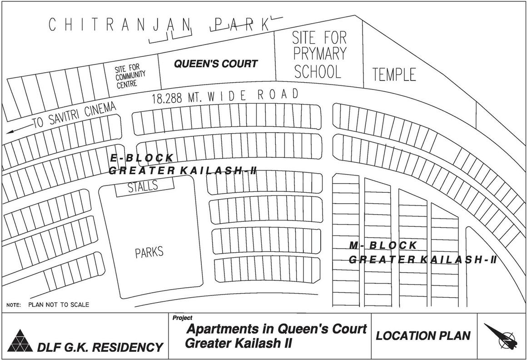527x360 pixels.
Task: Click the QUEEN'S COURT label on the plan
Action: [x=216, y=64]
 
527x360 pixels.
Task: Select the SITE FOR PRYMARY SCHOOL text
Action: [x=319, y=55]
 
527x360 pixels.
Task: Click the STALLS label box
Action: [x=143, y=186]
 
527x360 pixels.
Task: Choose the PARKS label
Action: [x=149, y=253]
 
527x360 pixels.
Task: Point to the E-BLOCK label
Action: [x=142, y=158]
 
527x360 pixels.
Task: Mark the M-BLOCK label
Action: [x=383, y=246]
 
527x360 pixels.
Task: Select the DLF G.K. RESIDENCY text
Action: [x=100, y=348]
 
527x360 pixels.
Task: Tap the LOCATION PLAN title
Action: [x=423, y=336]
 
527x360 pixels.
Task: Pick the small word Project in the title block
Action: [x=182, y=318]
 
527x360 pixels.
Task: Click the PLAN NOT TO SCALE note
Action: [x=58, y=305]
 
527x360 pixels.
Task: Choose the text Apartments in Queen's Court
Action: [x=277, y=329]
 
